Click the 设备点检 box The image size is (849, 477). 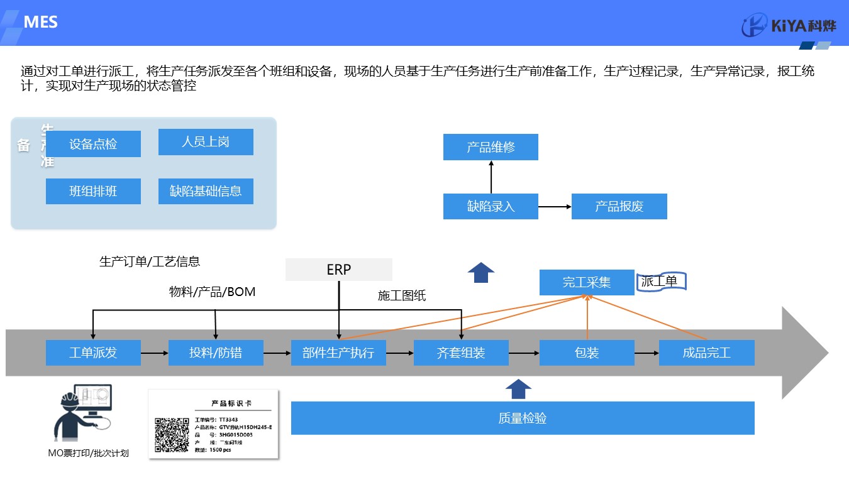(x=93, y=144)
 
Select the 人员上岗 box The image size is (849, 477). (x=206, y=142)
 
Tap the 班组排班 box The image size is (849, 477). (x=93, y=191)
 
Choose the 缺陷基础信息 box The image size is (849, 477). (x=206, y=191)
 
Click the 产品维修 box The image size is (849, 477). (x=491, y=147)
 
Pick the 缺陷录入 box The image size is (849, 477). (x=491, y=206)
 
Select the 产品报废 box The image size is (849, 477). (x=619, y=206)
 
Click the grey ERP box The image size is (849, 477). (x=338, y=270)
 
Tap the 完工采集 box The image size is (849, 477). (x=586, y=282)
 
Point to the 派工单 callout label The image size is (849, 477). (x=660, y=282)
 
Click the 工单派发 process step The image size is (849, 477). (x=93, y=353)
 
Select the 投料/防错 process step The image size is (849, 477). (x=216, y=353)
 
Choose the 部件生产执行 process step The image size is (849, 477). (x=338, y=353)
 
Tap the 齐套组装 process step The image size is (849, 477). (x=461, y=353)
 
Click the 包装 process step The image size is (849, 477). (x=586, y=353)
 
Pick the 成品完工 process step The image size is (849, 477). (x=706, y=353)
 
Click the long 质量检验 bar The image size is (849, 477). (x=523, y=418)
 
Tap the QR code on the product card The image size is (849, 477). (x=172, y=435)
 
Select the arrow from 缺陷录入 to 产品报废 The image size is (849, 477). (x=554, y=206)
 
